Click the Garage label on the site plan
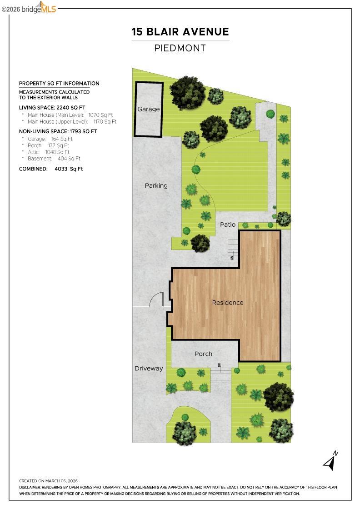coord(149,109)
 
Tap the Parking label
coord(156,185)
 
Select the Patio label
coord(228,225)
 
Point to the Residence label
coord(228,303)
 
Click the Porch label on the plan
coord(203,354)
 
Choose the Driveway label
coord(149,369)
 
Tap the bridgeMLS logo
coord(29,8)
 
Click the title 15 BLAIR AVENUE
coord(180,32)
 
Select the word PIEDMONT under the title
coord(180,48)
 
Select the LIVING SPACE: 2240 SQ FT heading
coord(52,108)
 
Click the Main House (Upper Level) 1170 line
coord(72,122)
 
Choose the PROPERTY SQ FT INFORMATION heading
coord(59,84)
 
